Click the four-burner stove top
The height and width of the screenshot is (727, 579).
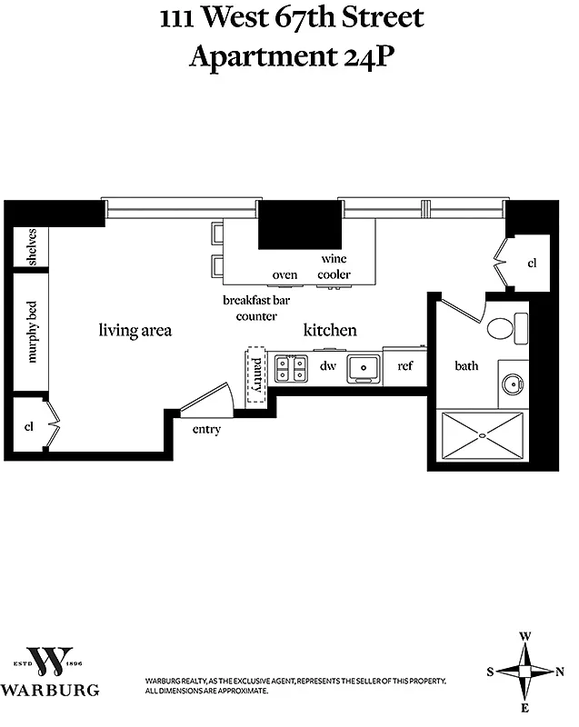(x=291, y=368)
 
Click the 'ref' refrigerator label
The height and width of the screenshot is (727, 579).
(x=404, y=366)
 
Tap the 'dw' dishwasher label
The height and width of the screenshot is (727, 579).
(x=327, y=366)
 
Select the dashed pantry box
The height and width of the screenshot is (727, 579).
(x=257, y=373)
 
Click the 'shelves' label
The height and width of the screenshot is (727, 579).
(x=31, y=246)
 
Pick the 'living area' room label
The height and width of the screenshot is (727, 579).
(x=135, y=331)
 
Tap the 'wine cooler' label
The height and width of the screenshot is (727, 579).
(x=334, y=266)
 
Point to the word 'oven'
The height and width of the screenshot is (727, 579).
(x=285, y=274)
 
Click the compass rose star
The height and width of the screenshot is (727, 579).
(x=524, y=672)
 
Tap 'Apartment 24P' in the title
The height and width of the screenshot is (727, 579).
(x=291, y=56)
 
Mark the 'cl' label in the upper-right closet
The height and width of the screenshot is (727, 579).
(x=532, y=264)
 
